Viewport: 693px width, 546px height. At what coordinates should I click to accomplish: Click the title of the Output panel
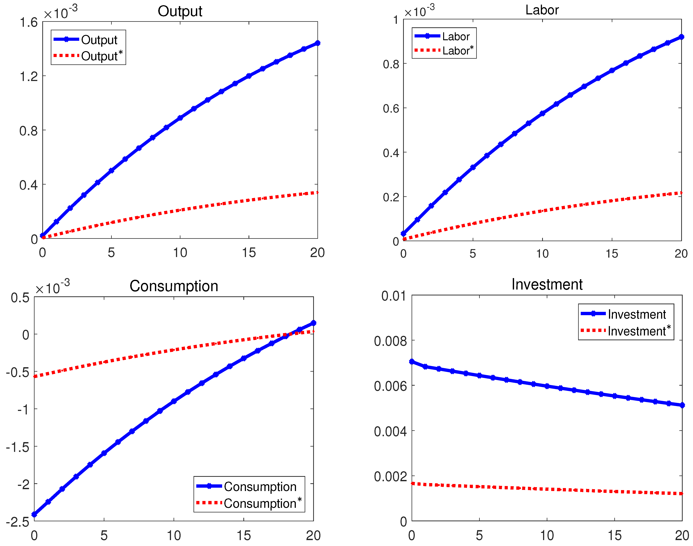pos(180,11)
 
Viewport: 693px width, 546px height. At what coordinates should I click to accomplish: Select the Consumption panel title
pos(174,286)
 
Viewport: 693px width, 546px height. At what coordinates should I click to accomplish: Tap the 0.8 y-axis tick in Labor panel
pos(391,64)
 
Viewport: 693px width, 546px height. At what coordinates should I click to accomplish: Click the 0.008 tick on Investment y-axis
pos(390,341)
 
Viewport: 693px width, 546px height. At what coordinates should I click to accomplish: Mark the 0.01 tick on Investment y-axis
pos(393,296)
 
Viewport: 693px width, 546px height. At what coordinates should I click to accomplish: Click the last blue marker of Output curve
pos(317,43)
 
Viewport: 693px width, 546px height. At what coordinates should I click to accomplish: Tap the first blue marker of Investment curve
pos(412,361)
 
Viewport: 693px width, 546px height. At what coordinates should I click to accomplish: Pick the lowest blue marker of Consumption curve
pos(34,514)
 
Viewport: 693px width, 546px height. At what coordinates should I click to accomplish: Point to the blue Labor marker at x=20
pos(681,37)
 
